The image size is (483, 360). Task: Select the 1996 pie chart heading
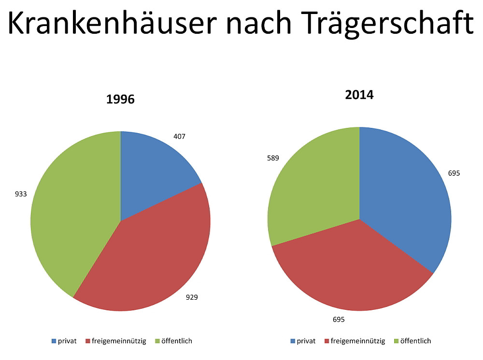pyautogui.click(x=120, y=100)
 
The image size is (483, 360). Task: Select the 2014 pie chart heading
pyautogui.click(x=359, y=95)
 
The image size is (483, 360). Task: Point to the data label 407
pyautogui.click(x=179, y=137)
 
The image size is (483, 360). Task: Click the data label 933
pyautogui.click(x=21, y=194)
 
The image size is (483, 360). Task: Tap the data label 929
pyautogui.click(x=192, y=297)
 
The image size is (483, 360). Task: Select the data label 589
pyautogui.click(x=273, y=158)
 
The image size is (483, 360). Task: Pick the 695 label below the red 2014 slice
pyautogui.click(x=339, y=319)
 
